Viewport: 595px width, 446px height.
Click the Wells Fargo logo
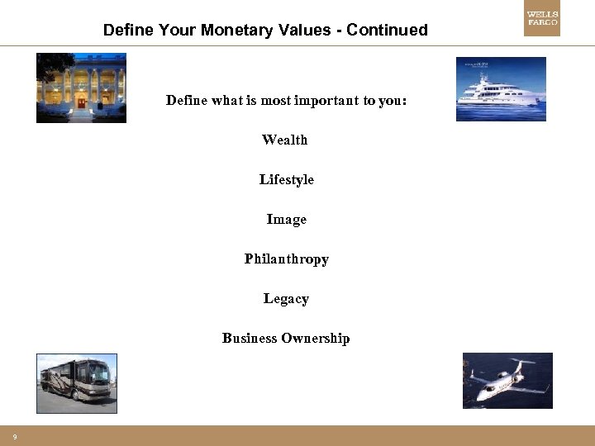click(x=542, y=22)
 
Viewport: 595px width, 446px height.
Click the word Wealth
click(x=284, y=140)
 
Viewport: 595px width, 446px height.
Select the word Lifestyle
click(x=286, y=179)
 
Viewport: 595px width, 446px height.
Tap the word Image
click(x=286, y=219)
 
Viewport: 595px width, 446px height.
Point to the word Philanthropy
click(x=286, y=259)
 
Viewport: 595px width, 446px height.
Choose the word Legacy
click(x=286, y=298)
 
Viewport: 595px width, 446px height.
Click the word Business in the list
click(x=250, y=338)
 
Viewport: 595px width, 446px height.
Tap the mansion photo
click(x=81, y=88)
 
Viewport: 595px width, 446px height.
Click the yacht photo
click(x=501, y=89)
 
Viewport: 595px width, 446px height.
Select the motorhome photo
click(x=77, y=383)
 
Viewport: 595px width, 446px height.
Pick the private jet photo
click(x=507, y=381)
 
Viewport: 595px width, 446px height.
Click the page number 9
click(x=15, y=436)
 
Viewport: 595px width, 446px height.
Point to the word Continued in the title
click(x=388, y=31)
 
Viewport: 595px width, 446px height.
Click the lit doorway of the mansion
click(x=81, y=102)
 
